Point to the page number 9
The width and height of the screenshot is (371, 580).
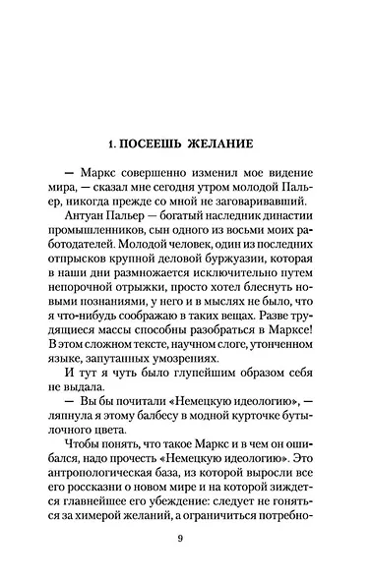180,537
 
